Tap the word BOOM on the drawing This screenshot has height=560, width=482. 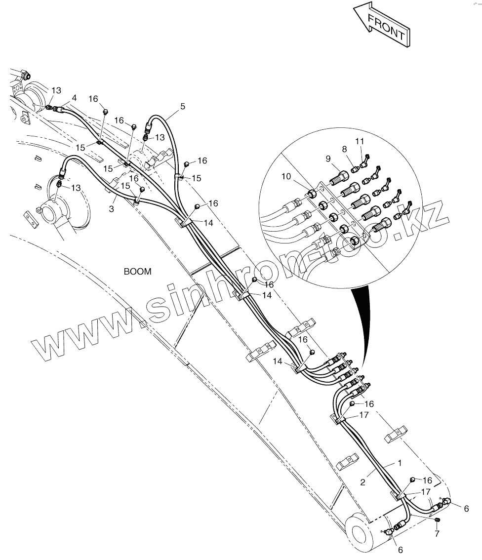tap(137, 272)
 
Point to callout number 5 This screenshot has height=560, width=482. tap(182, 106)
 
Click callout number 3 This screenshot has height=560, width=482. tap(111, 209)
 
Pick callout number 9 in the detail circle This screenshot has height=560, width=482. tap(327, 159)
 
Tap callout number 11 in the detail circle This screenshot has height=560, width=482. tap(360, 142)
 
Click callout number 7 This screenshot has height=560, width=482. tap(437, 534)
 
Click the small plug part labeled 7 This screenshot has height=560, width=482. tap(437, 520)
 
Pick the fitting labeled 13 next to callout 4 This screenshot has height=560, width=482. tap(49, 106)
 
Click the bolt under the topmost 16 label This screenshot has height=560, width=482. tap(105, 112)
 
